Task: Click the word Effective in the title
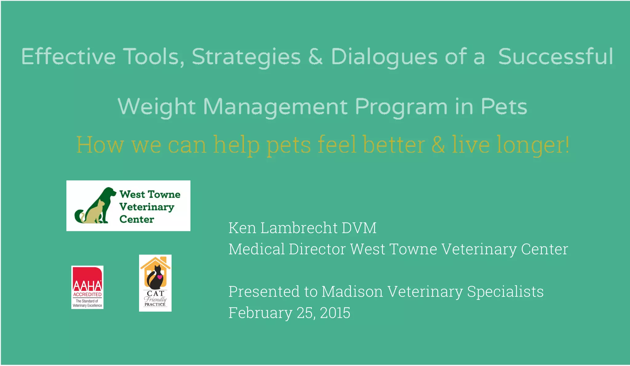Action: coord(68,57)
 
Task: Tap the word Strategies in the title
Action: coord(246,57)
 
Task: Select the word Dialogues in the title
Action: coord(384,57)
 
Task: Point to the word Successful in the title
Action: coord(556,57)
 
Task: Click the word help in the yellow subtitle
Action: coord(236,145)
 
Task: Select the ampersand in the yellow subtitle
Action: coord(438,145)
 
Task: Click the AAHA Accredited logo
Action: coord(87,287)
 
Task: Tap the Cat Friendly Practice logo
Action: coord(155,283)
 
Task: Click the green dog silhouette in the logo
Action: coord(106,197)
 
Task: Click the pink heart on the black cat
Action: coord(160,277)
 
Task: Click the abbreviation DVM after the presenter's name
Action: coord(359,228)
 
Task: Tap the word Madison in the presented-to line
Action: coord(352,292)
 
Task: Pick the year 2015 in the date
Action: coord(335,313)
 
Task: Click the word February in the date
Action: coord(260,313)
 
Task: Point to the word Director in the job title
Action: coord(317,249)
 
